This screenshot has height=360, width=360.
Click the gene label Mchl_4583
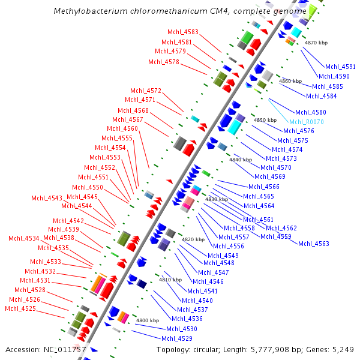[x=183, y=32]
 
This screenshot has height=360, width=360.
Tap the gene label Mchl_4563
[x=314, y=243]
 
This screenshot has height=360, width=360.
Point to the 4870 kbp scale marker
[x=316, y=43]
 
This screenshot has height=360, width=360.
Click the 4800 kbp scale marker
[x=148, y=320]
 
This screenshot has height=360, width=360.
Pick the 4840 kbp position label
[x=241, y=160]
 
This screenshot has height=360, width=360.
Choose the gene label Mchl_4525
[x=20, y=308]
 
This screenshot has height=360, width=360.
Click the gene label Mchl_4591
[x=340, y=67]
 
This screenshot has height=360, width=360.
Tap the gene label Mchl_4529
[x=177, y=338]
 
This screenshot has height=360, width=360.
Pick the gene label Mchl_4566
[x=264, y=187]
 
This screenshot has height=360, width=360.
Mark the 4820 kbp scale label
[x=193, y=239]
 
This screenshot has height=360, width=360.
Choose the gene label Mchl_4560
[x=122, y=128]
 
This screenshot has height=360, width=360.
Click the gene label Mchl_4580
[x=310, y=112]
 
